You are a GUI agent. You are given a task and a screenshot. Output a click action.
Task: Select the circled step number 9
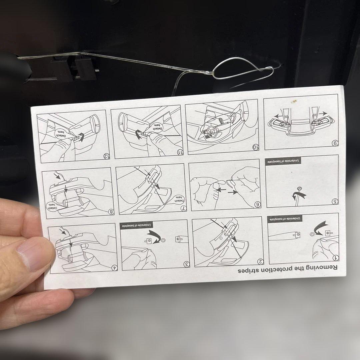(x=335, y=144)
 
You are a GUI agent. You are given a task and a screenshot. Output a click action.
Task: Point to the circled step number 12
(x=107, y=156)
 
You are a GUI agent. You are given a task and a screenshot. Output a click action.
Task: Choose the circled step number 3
(x=187, y=264)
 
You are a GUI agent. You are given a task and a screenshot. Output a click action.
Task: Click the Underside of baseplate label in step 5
(x=283, y=161)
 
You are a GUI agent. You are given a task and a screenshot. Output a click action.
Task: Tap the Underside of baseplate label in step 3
(x=136, y=225)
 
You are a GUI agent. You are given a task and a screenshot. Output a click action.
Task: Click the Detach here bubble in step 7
(x=179, y=199)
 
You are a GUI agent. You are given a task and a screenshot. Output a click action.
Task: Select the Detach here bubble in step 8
(x=53, y=206)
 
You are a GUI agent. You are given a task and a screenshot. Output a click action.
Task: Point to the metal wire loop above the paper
(x=243, y=69)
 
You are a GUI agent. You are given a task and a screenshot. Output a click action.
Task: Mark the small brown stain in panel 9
(x=294, y=101)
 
